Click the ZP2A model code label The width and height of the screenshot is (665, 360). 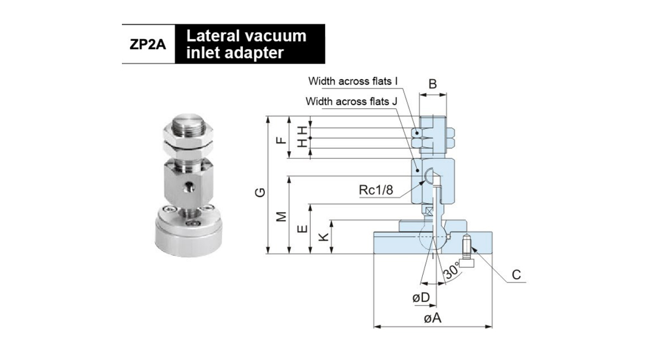tap(148, 44)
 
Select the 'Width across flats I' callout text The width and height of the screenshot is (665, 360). tap(353, 81)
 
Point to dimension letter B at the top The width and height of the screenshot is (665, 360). tap(433, 84)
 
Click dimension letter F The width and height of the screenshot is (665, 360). tap(282, 137)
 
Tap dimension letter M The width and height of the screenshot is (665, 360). tap(282, 215)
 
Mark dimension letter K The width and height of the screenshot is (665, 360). tap(324, 237)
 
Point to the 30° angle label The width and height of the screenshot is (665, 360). tap(452, 271)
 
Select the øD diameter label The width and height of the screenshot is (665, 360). tap(421, 297)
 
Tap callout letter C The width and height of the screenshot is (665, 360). tap(516, 275)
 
